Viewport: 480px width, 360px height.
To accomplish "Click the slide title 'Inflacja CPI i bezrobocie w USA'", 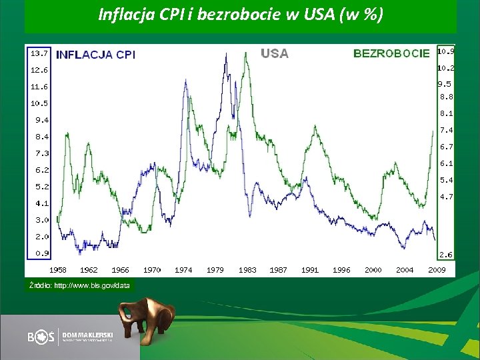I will click(241, 14).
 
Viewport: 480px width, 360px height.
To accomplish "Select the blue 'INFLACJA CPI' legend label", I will click(96, 55).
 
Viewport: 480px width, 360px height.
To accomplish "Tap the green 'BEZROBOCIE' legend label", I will click(391, 53).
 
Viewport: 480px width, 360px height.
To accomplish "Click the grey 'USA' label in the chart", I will click(275, 53).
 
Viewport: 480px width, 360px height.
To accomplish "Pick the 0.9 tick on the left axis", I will click(41, 253).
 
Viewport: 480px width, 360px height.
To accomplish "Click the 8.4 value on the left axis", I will click(41, 137).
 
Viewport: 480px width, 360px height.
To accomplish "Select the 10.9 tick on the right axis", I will click(445, 51).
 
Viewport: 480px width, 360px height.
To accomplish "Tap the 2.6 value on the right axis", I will click(446, 254).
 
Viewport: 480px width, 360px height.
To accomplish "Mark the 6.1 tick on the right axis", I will click(446, 163).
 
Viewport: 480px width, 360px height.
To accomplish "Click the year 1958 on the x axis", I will click(57, 270).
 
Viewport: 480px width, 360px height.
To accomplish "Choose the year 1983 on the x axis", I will click(247, 270).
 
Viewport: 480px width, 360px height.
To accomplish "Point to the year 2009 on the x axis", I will click(437, 270).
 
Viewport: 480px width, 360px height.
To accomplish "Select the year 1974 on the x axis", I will click(183, 270).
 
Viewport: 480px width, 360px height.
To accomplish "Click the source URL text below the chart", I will click(79, 285).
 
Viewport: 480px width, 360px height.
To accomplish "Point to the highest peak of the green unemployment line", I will click(247, 53).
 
